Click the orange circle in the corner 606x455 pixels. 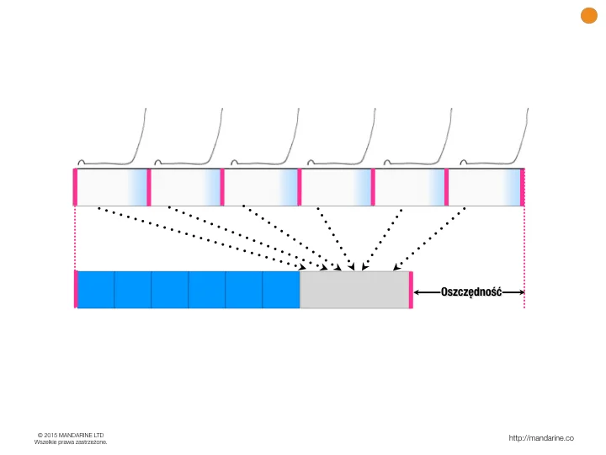coord(589,15)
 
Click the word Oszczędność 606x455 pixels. coord(471,292)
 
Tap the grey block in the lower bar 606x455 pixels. coord(354,290)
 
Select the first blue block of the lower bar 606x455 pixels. coord(96,290)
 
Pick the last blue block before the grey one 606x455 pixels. coord(281,290)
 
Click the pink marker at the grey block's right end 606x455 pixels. coord(411,290)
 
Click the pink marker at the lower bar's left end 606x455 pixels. coord(76,289)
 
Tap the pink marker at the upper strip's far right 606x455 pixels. coord(522,187)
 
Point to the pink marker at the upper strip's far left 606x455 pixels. coord(75,187)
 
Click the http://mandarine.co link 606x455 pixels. coord(541,438)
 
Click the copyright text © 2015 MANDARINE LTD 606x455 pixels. coord(71,436)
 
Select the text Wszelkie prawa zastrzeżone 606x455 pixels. coord(71,442)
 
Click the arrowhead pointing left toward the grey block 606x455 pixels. coord(417,292)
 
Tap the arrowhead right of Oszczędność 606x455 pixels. coord(521,292)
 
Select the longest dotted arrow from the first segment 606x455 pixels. coord(202,238)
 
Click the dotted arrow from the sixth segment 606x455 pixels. coord(428,238)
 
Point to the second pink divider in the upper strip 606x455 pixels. coord(222,187)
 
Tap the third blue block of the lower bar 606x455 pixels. coord(170,290)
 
